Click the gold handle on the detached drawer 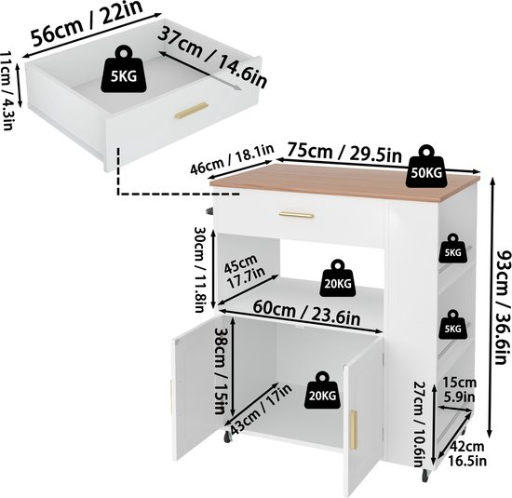point(192,111)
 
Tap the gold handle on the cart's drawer point(296,214)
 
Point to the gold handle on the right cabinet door point(354,429)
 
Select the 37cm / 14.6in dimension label point(212,56)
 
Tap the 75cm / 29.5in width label point(344,152)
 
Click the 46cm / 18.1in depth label point(232,159)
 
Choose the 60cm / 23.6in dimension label point(307,313)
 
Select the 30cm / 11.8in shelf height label point(200,268)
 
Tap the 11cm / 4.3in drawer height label point(7,90)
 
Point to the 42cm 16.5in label point(467,453)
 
